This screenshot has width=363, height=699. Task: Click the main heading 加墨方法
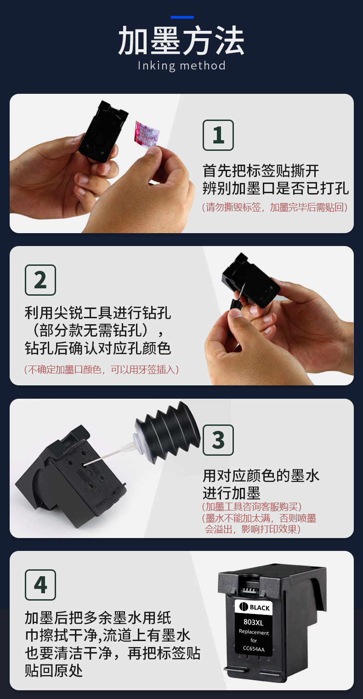click(181, 40)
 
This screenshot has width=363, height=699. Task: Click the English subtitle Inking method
click(181, 66)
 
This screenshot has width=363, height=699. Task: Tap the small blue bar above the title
click(182, 17)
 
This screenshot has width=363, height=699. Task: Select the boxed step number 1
click(218, 135)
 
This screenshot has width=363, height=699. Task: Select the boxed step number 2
click(40, 280)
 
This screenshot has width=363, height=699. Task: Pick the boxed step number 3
click(218, 440)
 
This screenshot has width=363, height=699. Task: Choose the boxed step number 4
click(40, 585)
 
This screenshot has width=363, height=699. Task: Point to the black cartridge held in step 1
click(103, 131)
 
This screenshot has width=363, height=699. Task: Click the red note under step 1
click(275, 207)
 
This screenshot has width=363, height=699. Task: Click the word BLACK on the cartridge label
click(260, 607)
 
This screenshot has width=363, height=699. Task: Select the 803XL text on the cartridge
click(253, 622)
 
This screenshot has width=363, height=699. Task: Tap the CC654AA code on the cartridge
click(254, 649)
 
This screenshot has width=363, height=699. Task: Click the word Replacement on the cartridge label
click(254, 632)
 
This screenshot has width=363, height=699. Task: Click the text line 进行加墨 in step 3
click(232, 493)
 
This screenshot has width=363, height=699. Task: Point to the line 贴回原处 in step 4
click(54, 670)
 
